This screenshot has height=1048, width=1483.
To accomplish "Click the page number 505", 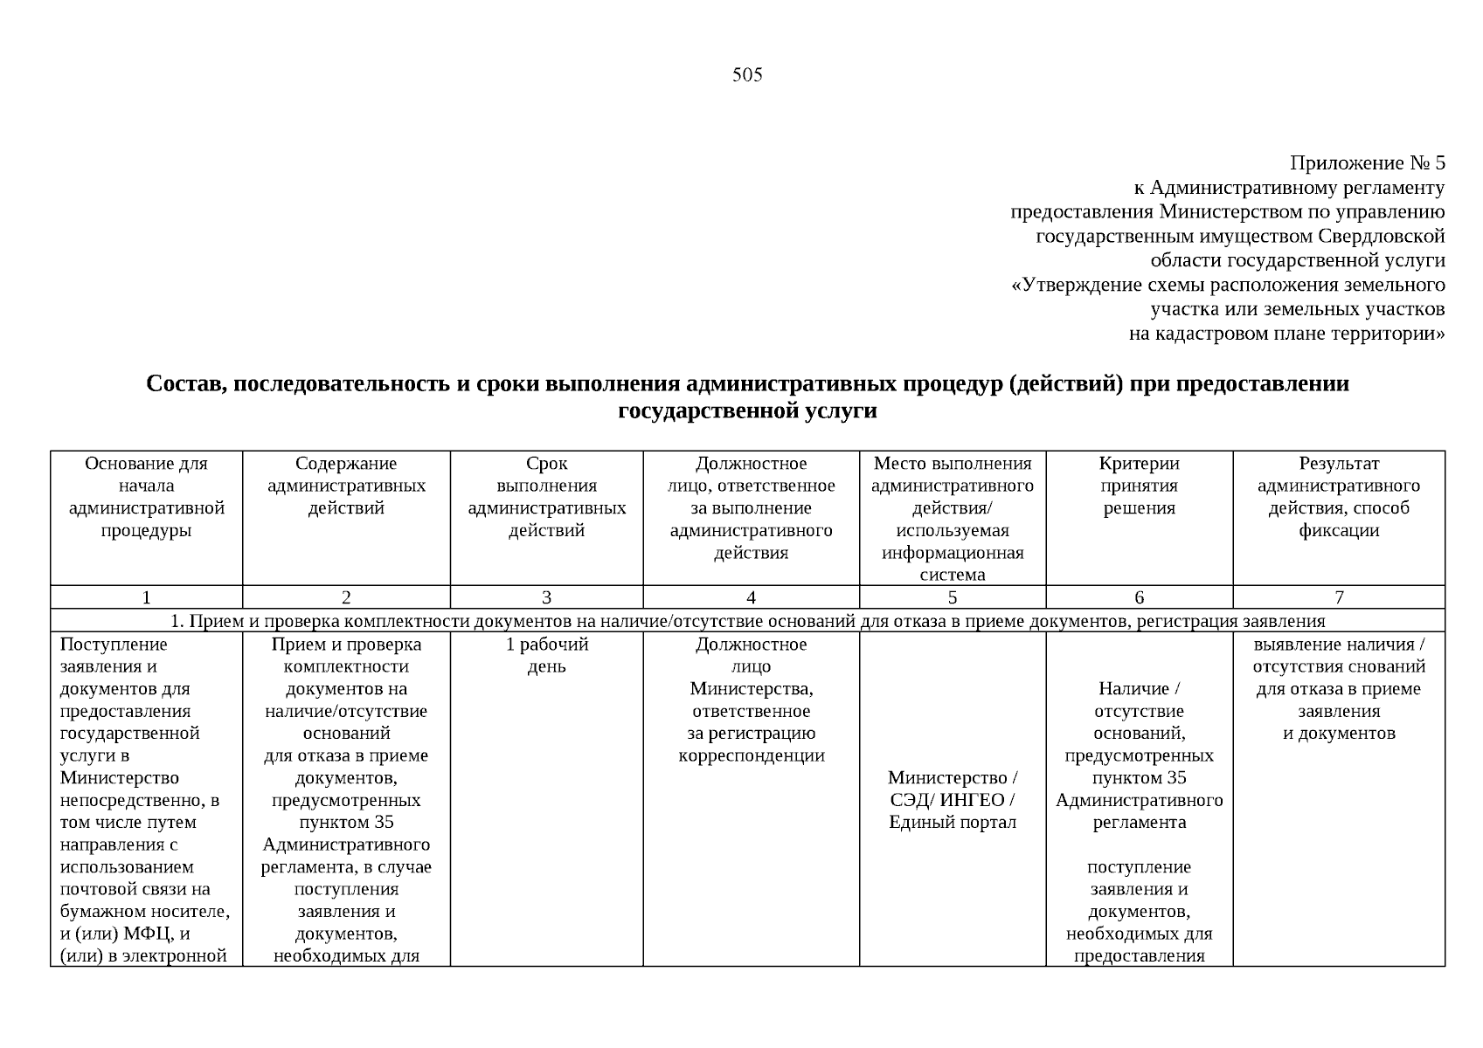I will [747, 75].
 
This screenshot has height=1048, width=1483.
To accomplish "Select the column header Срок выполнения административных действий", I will [546, 497].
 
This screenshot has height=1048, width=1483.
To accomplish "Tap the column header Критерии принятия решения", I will [1139, 486].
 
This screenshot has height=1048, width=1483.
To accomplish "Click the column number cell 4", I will [751, 597].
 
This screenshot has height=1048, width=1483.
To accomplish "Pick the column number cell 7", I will [1338, 597].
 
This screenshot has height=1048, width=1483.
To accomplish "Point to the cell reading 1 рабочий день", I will [546, 655].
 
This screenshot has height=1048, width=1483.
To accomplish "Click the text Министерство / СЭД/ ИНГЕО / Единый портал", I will [952, 800].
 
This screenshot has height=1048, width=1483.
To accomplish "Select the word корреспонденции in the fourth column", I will [751, 755].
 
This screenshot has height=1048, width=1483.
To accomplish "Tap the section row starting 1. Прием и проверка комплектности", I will [747, 621].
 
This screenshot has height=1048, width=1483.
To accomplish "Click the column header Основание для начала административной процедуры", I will [146, 497].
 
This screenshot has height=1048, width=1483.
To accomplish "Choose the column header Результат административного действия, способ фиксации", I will [1338, 497].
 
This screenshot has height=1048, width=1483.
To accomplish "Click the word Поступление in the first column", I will [114, 645].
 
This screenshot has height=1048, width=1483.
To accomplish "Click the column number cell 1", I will [146, 597].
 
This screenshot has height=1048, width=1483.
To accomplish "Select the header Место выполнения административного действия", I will [952, 519].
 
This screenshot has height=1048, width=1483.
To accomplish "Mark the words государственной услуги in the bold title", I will [747, 410].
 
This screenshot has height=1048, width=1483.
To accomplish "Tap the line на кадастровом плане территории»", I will [1286, 334].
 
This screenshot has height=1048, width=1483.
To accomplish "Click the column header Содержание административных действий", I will [346, 486].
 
